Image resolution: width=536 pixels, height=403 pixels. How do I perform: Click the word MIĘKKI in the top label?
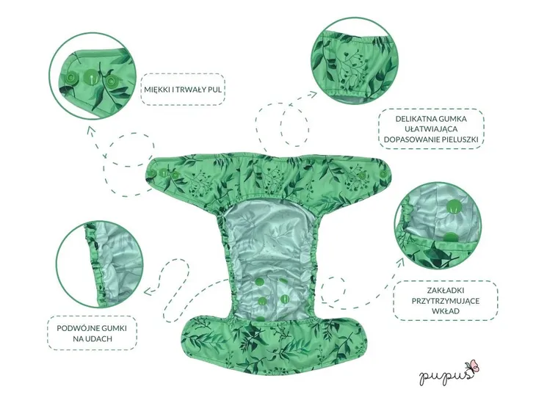pyautogui.click(x=156, y=90)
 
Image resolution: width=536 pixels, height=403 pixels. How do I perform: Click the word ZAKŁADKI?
pyautogui.click(x=445, y=291)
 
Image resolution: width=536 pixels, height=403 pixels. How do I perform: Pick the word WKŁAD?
pyautogui.click(x=445, y=311)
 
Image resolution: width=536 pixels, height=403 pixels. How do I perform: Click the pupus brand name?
pyautogui.click(x=446, y=374)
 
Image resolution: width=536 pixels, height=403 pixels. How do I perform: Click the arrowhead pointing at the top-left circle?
pyautogui.click(x=90, y=129)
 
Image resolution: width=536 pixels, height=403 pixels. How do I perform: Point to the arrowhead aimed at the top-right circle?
pyautogui.click(x=314, y=94)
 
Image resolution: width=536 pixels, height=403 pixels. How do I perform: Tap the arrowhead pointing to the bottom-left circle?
pyautogui.click(x=148, y=291)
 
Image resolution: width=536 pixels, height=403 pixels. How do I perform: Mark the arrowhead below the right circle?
pyautogui.click(x=400, y=262)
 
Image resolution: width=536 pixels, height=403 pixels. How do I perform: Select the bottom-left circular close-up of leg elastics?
pyautogui.click(x=99, y=264)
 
